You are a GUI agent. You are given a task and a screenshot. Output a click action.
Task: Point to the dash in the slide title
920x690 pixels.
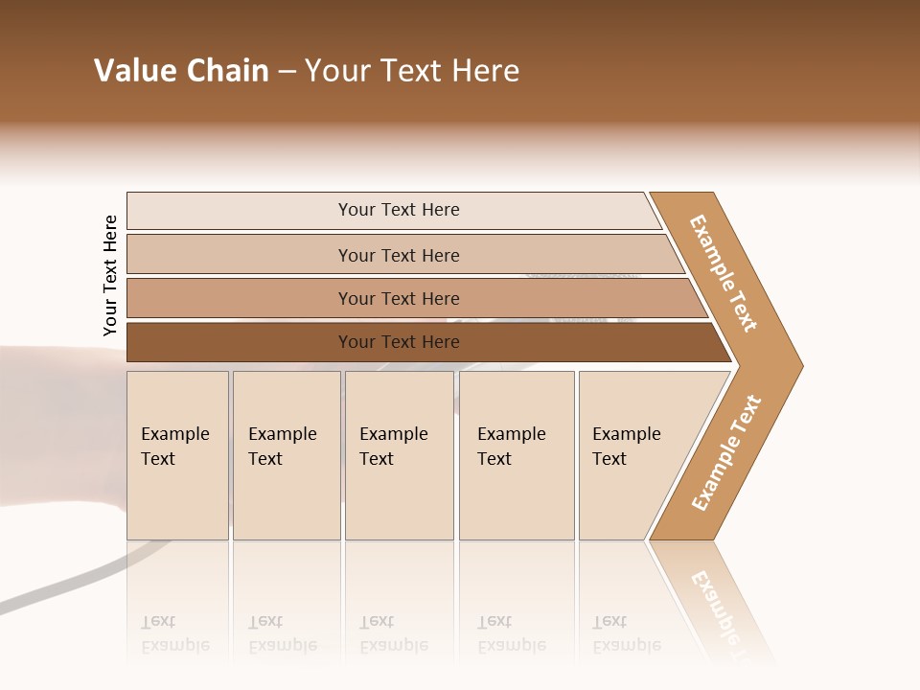pyautogui.click(x=287, y=72)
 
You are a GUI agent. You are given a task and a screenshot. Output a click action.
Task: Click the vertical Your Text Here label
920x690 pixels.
pyautogui.click(x=110, y=275)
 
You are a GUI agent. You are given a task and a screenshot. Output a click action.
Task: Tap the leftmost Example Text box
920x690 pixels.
pyautogui.click(x=177, y=455)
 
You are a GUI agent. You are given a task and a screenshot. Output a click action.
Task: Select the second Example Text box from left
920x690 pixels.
pyautogui.click(x=286, y=455)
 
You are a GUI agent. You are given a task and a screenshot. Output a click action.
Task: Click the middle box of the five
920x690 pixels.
pyautogui.click(x=399, y=455)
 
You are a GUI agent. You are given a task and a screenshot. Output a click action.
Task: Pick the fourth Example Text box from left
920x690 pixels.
pyautogui.click(x=516, y=455)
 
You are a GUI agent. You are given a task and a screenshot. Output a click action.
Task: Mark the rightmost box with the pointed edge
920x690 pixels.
pyautogui.click(x=637, y=455)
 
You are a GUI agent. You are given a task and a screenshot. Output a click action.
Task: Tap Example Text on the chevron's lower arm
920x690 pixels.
pyautogui.click(x=726, y=452)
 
